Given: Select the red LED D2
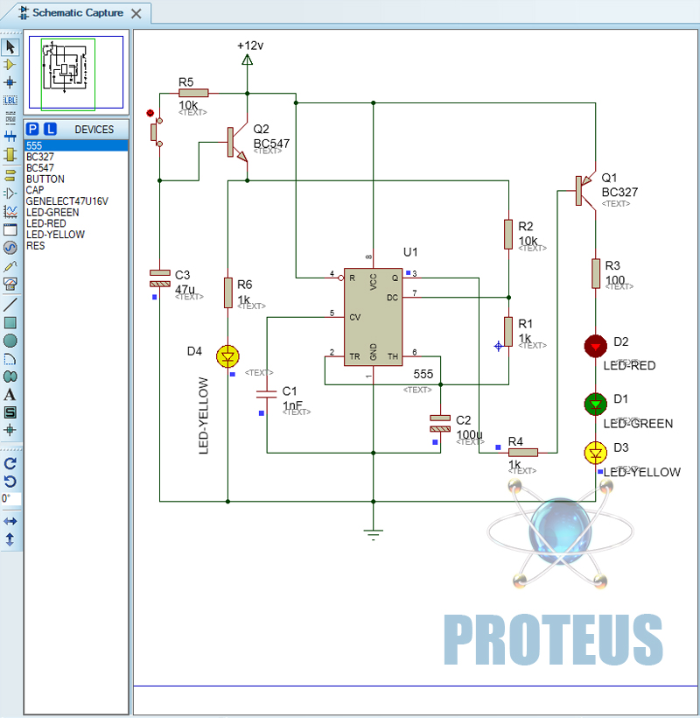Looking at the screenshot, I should (596, 346).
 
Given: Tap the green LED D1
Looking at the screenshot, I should (596, 404).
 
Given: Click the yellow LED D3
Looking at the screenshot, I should (596, 453).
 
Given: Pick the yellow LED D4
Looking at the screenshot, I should (227, 356).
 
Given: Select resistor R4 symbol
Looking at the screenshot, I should (522, 452).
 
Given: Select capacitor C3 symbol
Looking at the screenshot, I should (160, 278).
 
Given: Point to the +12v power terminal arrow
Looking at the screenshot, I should (247, 60).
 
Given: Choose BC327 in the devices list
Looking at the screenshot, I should (40, 157).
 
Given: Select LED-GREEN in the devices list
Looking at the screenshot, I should (52, 213).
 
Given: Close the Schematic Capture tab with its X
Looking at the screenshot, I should (136, 14).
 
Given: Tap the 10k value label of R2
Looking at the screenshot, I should (528, 241).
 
